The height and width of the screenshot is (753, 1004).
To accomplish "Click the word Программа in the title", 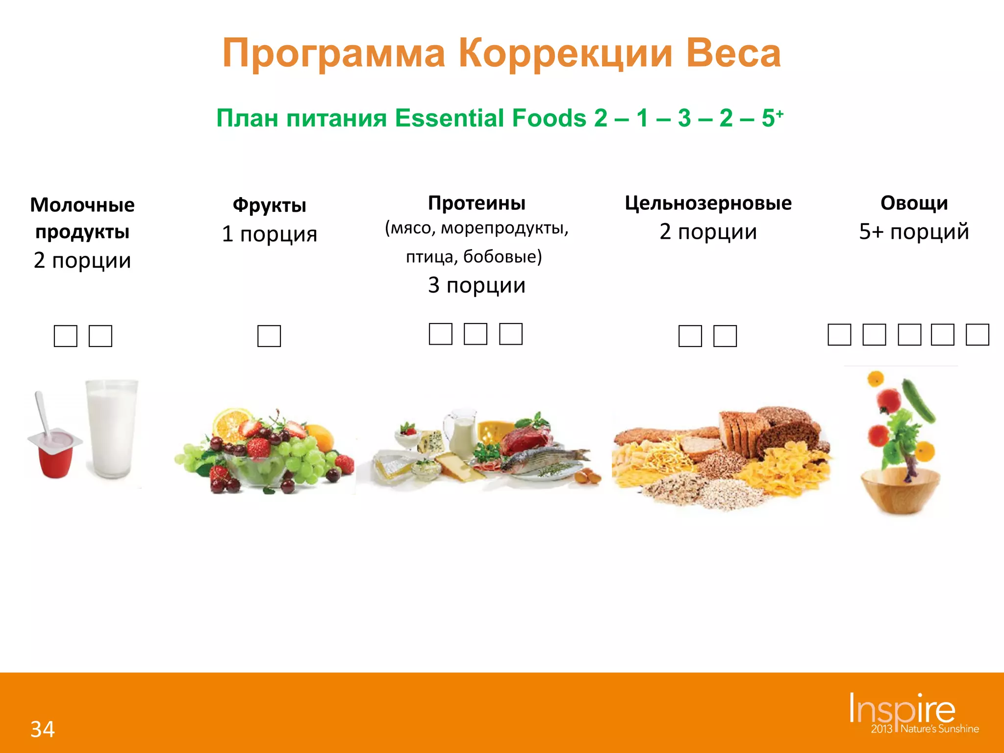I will coord(334,53).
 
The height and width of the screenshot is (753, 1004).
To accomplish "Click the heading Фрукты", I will coord(269,205).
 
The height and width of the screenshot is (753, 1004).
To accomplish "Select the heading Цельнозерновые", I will coord(708,203).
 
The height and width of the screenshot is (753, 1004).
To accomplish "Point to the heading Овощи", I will coord(914,203).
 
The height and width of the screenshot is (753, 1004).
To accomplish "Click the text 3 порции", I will coord(477,285).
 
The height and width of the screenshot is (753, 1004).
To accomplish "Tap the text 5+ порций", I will coord(914,231).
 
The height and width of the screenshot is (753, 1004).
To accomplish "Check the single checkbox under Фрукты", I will coord(269,336).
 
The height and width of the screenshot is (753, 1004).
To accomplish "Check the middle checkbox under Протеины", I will coord(476,334).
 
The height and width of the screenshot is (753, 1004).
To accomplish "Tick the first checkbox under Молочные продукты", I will coord(66,336).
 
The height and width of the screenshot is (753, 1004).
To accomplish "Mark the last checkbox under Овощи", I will coord(977,335).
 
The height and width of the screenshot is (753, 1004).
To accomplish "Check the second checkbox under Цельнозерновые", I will coord(725,336).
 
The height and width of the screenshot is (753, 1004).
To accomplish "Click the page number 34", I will coord(43,729).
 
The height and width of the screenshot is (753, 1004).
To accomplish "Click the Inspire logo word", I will coord(902,708).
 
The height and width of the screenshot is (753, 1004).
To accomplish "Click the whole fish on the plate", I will coord(544,458).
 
